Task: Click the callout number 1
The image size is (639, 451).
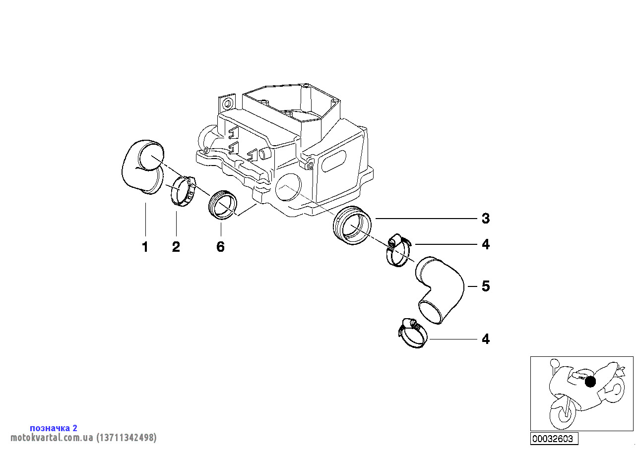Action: pos(145,247)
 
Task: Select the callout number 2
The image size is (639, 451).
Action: pos(176,247)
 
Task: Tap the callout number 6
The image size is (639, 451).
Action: pos(220,247)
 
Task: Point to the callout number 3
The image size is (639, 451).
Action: pos(486,218)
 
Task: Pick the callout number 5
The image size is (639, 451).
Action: pos(486,286)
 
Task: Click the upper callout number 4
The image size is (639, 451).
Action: pos(486,244)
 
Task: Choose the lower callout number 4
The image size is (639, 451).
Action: pos(486,339)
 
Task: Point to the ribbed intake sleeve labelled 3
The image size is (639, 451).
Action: pos(352,225)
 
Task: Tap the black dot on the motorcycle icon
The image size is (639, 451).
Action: pos(590,382)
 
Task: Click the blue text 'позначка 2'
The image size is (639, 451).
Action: pos(54,428)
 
